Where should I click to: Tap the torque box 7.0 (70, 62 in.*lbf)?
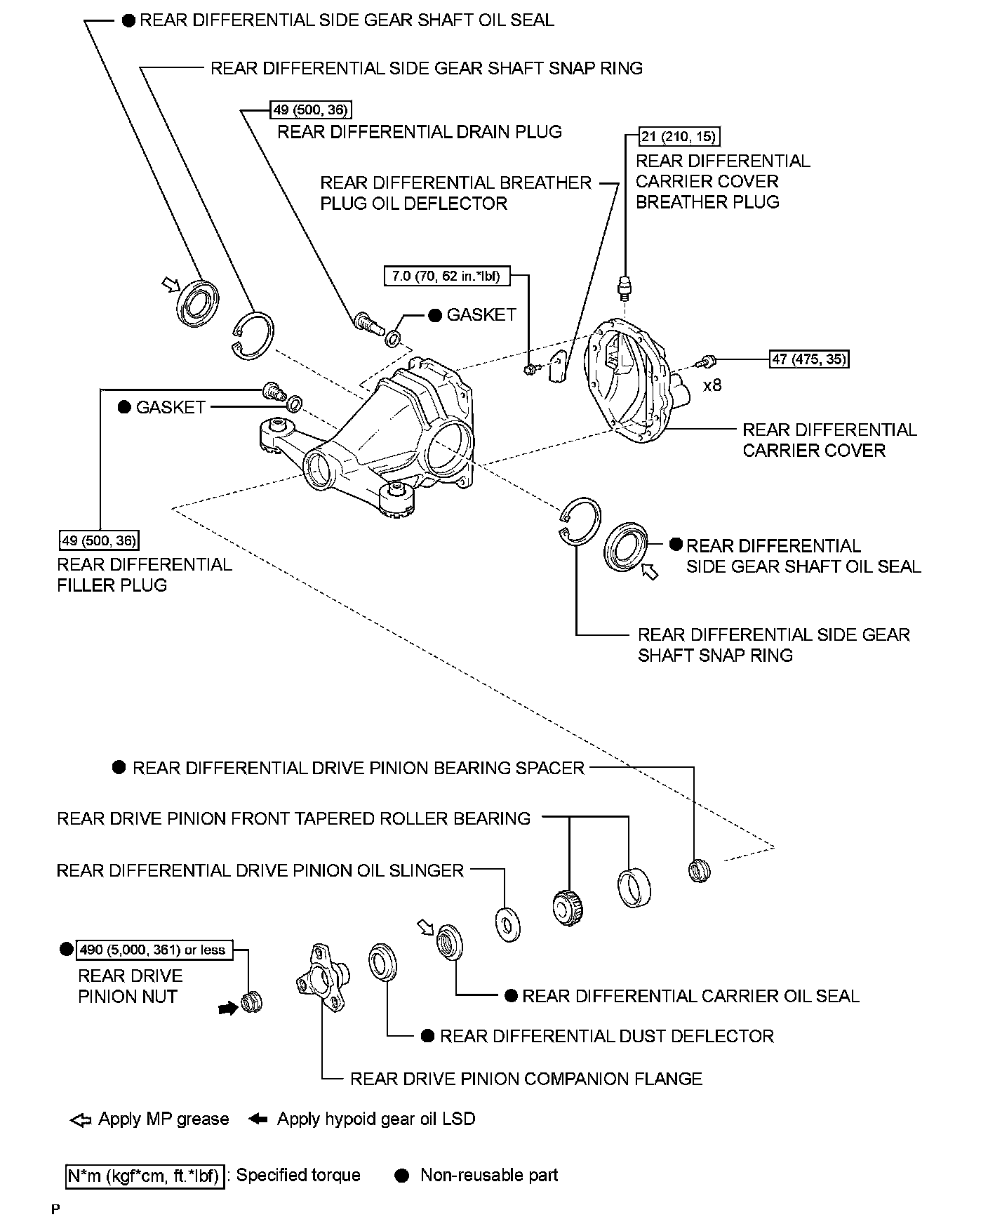click(446, 276)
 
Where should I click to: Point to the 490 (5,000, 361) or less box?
click(154, 950)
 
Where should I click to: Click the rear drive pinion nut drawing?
click(251, 1003)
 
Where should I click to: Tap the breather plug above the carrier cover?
click(625, 288)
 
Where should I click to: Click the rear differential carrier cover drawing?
click(635, 383)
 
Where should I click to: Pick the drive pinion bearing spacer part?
click(699, 871)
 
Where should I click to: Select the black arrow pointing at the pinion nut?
click(227, 1008)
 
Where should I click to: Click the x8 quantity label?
click(712, 385)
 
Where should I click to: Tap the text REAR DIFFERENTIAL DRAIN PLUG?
click(420, 132)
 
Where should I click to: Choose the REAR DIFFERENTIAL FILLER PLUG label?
click(144, 575)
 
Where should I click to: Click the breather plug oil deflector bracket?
click(558, 367)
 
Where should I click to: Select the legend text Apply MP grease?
click(163, 1119)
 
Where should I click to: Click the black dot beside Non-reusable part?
click(402, 1176)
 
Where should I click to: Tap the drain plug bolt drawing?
click(366, 323)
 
